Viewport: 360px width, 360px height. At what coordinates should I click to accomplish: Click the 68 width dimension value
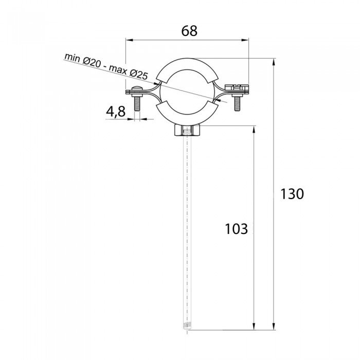tap(189, 31)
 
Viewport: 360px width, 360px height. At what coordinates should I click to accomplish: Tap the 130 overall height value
tap(292, 194)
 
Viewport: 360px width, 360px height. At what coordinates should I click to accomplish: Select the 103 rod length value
tap(237, 229)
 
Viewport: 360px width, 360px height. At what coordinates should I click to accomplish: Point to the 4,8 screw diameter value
tap(116, 111)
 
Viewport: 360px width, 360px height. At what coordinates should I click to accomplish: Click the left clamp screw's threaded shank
tap(137, 104)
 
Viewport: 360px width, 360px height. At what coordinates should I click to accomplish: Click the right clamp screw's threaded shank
tap(237, 104)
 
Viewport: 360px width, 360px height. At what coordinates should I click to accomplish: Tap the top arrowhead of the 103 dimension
tap(254, 129)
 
